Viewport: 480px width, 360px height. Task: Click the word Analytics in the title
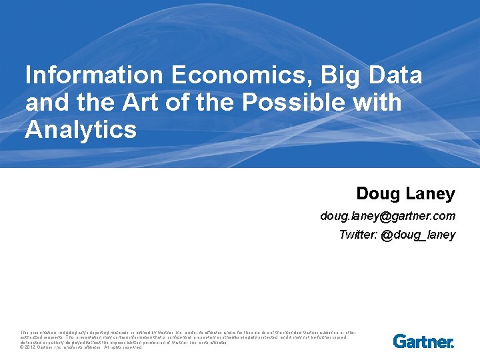81,129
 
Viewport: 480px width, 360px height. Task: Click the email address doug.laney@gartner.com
387,216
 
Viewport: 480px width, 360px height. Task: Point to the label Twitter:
358,235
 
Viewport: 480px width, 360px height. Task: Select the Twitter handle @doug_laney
418,235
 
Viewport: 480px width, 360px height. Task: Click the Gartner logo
423,341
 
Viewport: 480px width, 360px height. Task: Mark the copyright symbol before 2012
23,347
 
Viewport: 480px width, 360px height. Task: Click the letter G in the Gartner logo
400,341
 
